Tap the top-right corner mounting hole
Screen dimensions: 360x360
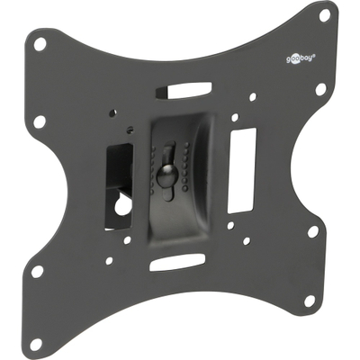325,15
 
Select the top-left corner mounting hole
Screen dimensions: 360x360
40,44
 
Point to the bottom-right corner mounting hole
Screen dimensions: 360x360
309,300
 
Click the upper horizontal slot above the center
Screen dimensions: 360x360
184,90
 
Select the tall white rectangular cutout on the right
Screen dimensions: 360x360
242,171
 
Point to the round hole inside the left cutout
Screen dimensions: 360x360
123,205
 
